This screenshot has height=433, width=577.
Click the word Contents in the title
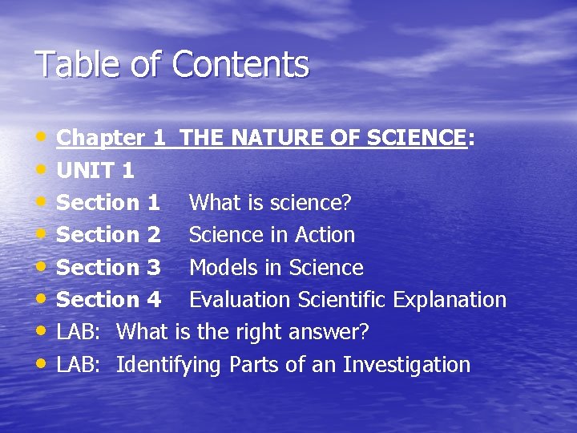click(240, 64)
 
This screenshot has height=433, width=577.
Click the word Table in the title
click(73, 64)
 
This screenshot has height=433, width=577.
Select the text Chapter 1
click(111, 138)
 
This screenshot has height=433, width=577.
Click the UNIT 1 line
click(95, 171)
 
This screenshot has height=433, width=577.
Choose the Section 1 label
click(109, 203)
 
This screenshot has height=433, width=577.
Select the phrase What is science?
click(270, 203)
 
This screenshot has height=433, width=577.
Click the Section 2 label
click(109, 235)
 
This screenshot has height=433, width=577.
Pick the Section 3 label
click(109, 267)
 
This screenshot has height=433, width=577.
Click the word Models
click(222, 267)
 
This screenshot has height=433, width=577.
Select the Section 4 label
click(109, 300)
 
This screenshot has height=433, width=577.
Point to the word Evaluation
click(240, 300)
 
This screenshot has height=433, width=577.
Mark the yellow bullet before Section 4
click(42, 297)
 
